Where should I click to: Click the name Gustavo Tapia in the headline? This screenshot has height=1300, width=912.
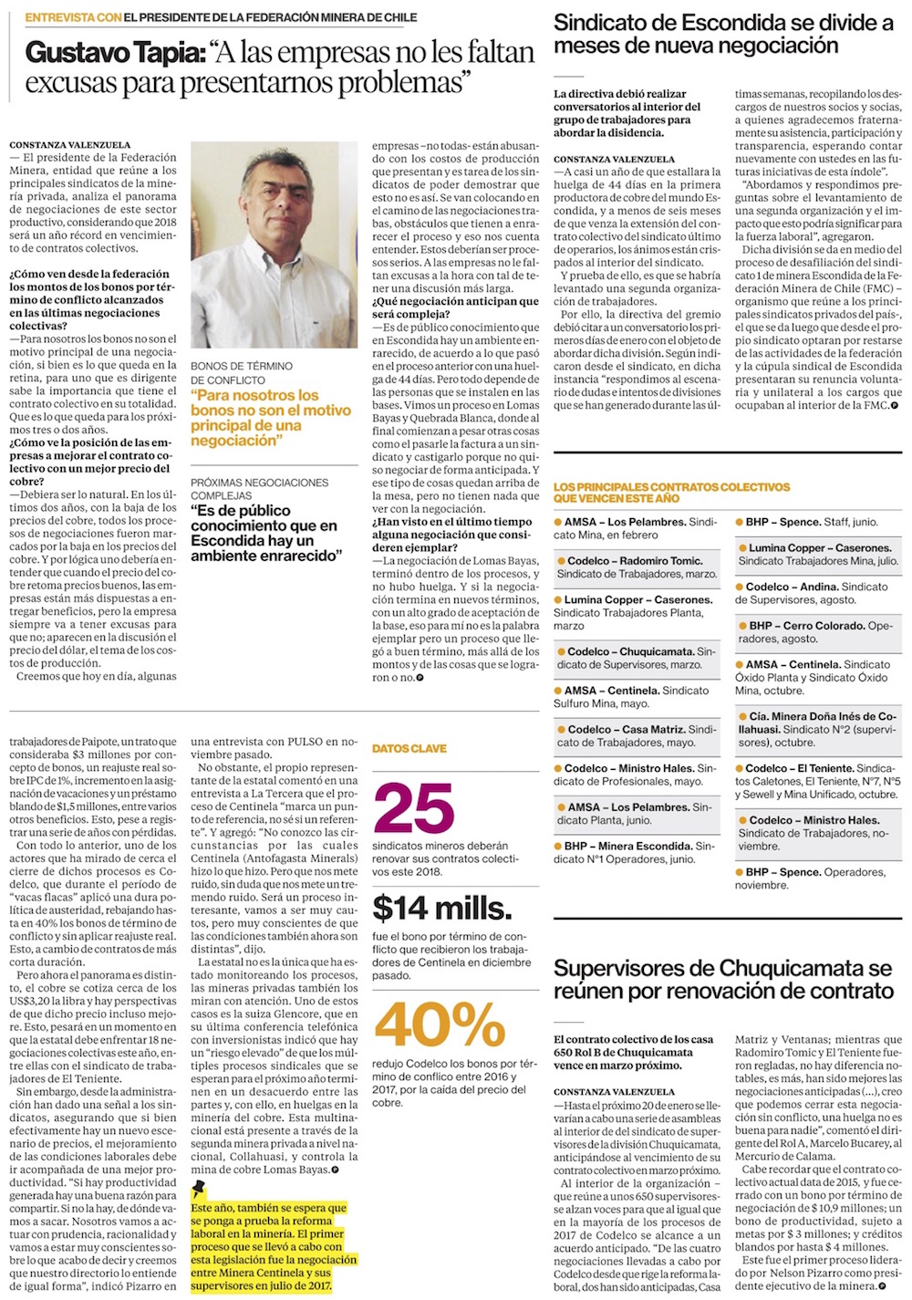tap(114, 53)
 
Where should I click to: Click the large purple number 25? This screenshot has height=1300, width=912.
tap(413, 808)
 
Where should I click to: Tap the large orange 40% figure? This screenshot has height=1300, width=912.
tap(440, 1024)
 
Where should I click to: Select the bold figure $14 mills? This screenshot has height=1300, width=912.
tap(442, 908)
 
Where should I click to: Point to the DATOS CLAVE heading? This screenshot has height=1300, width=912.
tap(409, 748)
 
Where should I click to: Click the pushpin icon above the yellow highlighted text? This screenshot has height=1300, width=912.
tap(199, 1189)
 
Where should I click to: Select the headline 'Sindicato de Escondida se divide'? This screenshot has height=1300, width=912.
tap(723, 34)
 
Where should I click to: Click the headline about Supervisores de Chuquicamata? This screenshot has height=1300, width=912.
tap(723, 980)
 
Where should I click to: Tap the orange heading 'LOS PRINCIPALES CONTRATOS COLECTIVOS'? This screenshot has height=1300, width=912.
tap(671, 493)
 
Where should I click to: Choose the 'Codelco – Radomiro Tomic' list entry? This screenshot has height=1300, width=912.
tap(635, 561)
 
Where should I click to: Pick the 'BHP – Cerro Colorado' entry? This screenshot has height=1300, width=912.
tap(807, 626)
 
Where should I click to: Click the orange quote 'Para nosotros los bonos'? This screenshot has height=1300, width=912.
tap(270, 418)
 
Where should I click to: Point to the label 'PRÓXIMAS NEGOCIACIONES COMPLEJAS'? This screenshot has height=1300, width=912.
tap(259, 488)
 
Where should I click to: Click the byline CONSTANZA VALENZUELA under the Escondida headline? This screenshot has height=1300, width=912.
tap(614, 159)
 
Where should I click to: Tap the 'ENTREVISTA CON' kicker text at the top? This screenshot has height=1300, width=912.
tap(72, 17)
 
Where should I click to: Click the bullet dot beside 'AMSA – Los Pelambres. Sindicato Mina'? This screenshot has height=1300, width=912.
tap(558, 522)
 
